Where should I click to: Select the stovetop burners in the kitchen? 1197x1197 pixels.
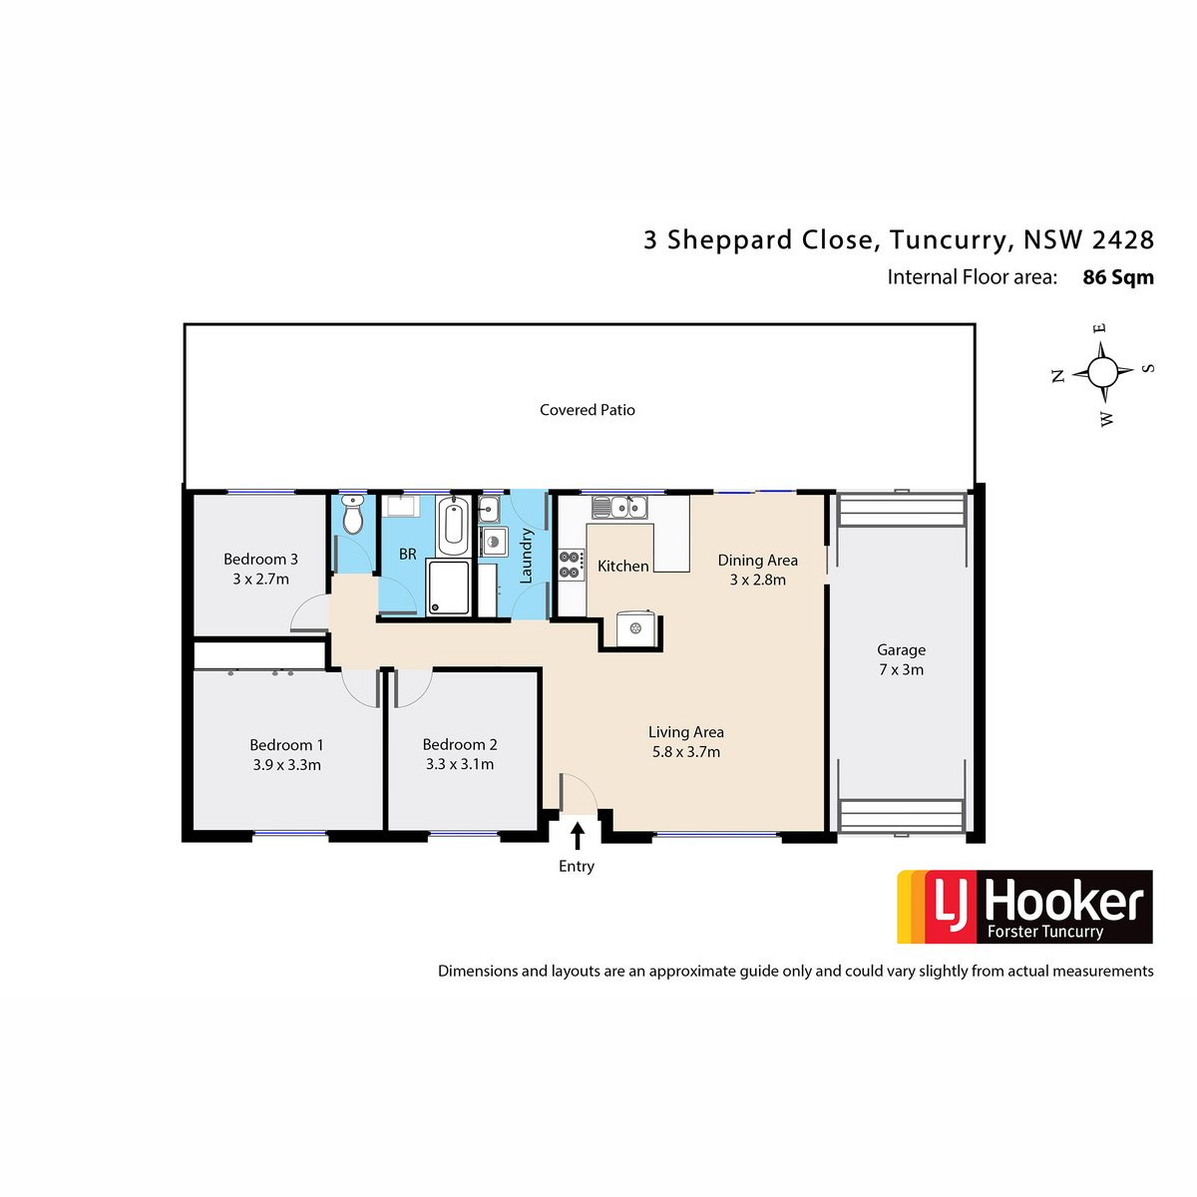click(571, 565)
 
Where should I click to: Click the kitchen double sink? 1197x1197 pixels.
click(619, 508)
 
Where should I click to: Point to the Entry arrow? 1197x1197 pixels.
click(578, 836)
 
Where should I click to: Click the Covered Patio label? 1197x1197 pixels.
click(587, 410)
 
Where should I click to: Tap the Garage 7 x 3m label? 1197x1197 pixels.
click(901, 659)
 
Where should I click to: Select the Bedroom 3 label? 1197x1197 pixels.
click(261, 559)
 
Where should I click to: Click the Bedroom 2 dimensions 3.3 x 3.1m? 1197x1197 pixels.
click(460, 764)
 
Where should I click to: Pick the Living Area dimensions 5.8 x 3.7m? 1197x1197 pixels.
click(685, 752)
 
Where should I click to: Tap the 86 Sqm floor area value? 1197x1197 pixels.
click(1118, 277)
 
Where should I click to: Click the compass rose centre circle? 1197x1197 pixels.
click(1102, 372)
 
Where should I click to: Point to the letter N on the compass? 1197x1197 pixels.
click(1058, 375)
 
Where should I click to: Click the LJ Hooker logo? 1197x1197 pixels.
click(1024, 907)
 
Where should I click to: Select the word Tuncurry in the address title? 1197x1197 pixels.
click(948, 240)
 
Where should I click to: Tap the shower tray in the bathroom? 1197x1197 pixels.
click(448, 587)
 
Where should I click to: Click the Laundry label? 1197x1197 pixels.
click(526, 556)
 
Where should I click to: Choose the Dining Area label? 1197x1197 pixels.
click(758, 561)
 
